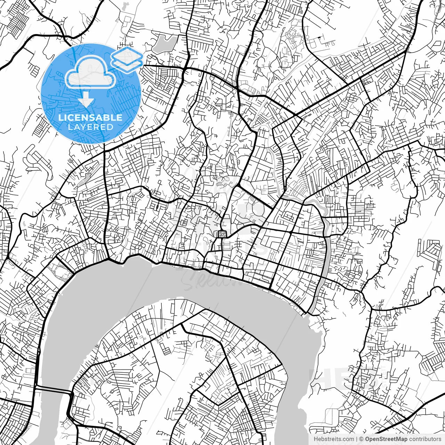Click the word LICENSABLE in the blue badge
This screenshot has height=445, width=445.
pos(90,118)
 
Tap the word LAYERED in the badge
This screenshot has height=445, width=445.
pos(90,127)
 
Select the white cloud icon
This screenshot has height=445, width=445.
pos(90,72)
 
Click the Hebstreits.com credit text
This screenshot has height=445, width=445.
pos(334,439)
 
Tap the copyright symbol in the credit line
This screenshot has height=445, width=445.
pos(361,439)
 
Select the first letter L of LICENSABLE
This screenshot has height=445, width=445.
pos(60,118)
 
